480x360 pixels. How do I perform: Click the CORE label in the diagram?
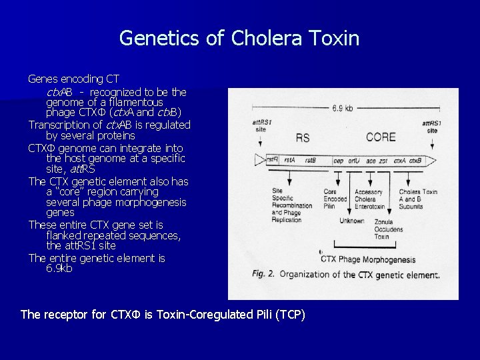click(381, 137)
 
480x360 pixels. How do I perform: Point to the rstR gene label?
click(272, 160)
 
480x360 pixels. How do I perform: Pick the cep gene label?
click(338, 160)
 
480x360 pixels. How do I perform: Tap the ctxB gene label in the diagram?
click(415, 160)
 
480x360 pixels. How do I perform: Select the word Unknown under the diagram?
click(352, 221)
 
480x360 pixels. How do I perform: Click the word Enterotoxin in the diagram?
click(372, 207)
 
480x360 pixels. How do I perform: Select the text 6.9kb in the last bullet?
click(59, 269)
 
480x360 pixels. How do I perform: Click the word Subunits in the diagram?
click(413, 207)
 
